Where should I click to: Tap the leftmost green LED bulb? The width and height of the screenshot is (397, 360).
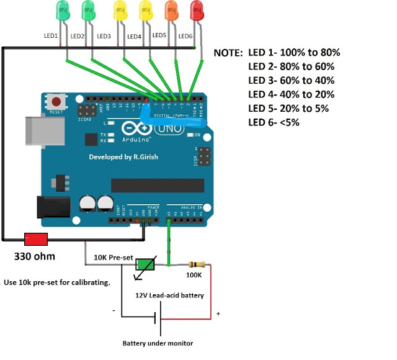click(63, 9)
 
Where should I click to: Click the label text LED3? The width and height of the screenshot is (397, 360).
click(104, 37)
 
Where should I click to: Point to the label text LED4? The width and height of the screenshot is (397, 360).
click(134, 37)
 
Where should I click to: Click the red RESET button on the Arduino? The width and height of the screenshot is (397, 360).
click(57, 102)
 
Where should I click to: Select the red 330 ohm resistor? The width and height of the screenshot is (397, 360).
click(36, 239)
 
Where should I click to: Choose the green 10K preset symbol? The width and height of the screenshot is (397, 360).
click(146, 264)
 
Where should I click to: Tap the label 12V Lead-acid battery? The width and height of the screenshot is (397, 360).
click(170, 295)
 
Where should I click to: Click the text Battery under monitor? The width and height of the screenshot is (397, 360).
click(158, 343)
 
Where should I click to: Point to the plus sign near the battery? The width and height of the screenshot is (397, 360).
click(218, 314)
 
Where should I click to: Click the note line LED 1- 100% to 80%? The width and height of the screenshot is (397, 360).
click(294, 52)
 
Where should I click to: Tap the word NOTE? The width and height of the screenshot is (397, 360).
click(228, 53)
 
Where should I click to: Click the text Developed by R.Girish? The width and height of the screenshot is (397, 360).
click(123, 157)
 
